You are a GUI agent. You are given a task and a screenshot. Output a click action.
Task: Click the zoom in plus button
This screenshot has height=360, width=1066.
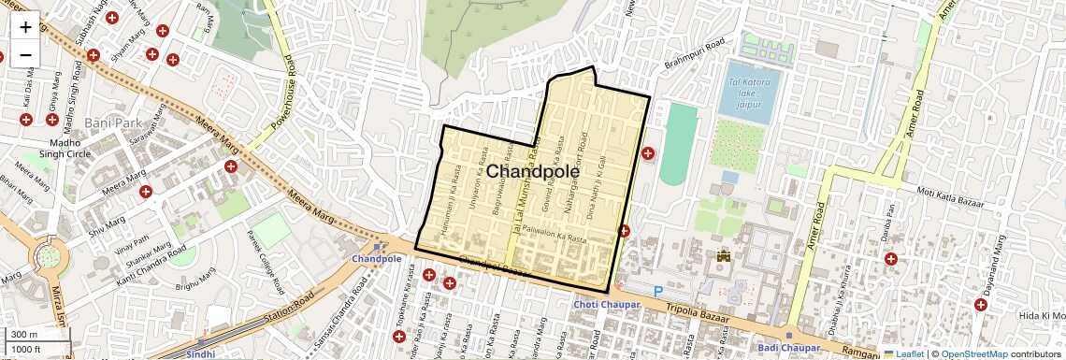[25, 27]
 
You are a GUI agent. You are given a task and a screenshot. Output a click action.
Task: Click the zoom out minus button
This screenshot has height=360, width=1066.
[25, 54]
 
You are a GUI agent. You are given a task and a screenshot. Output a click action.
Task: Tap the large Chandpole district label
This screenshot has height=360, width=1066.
[533, 172]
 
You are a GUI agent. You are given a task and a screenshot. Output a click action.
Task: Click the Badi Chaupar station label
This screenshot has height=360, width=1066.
[787, 348]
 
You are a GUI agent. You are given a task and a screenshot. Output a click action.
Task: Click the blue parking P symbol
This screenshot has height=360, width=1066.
[657, 293]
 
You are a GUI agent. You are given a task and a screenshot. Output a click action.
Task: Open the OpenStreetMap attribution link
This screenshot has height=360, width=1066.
[973, 353]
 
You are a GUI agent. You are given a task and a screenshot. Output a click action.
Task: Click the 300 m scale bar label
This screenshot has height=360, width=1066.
[24, 335]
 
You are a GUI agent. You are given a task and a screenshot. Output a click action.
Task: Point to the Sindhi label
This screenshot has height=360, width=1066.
[200, 354]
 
